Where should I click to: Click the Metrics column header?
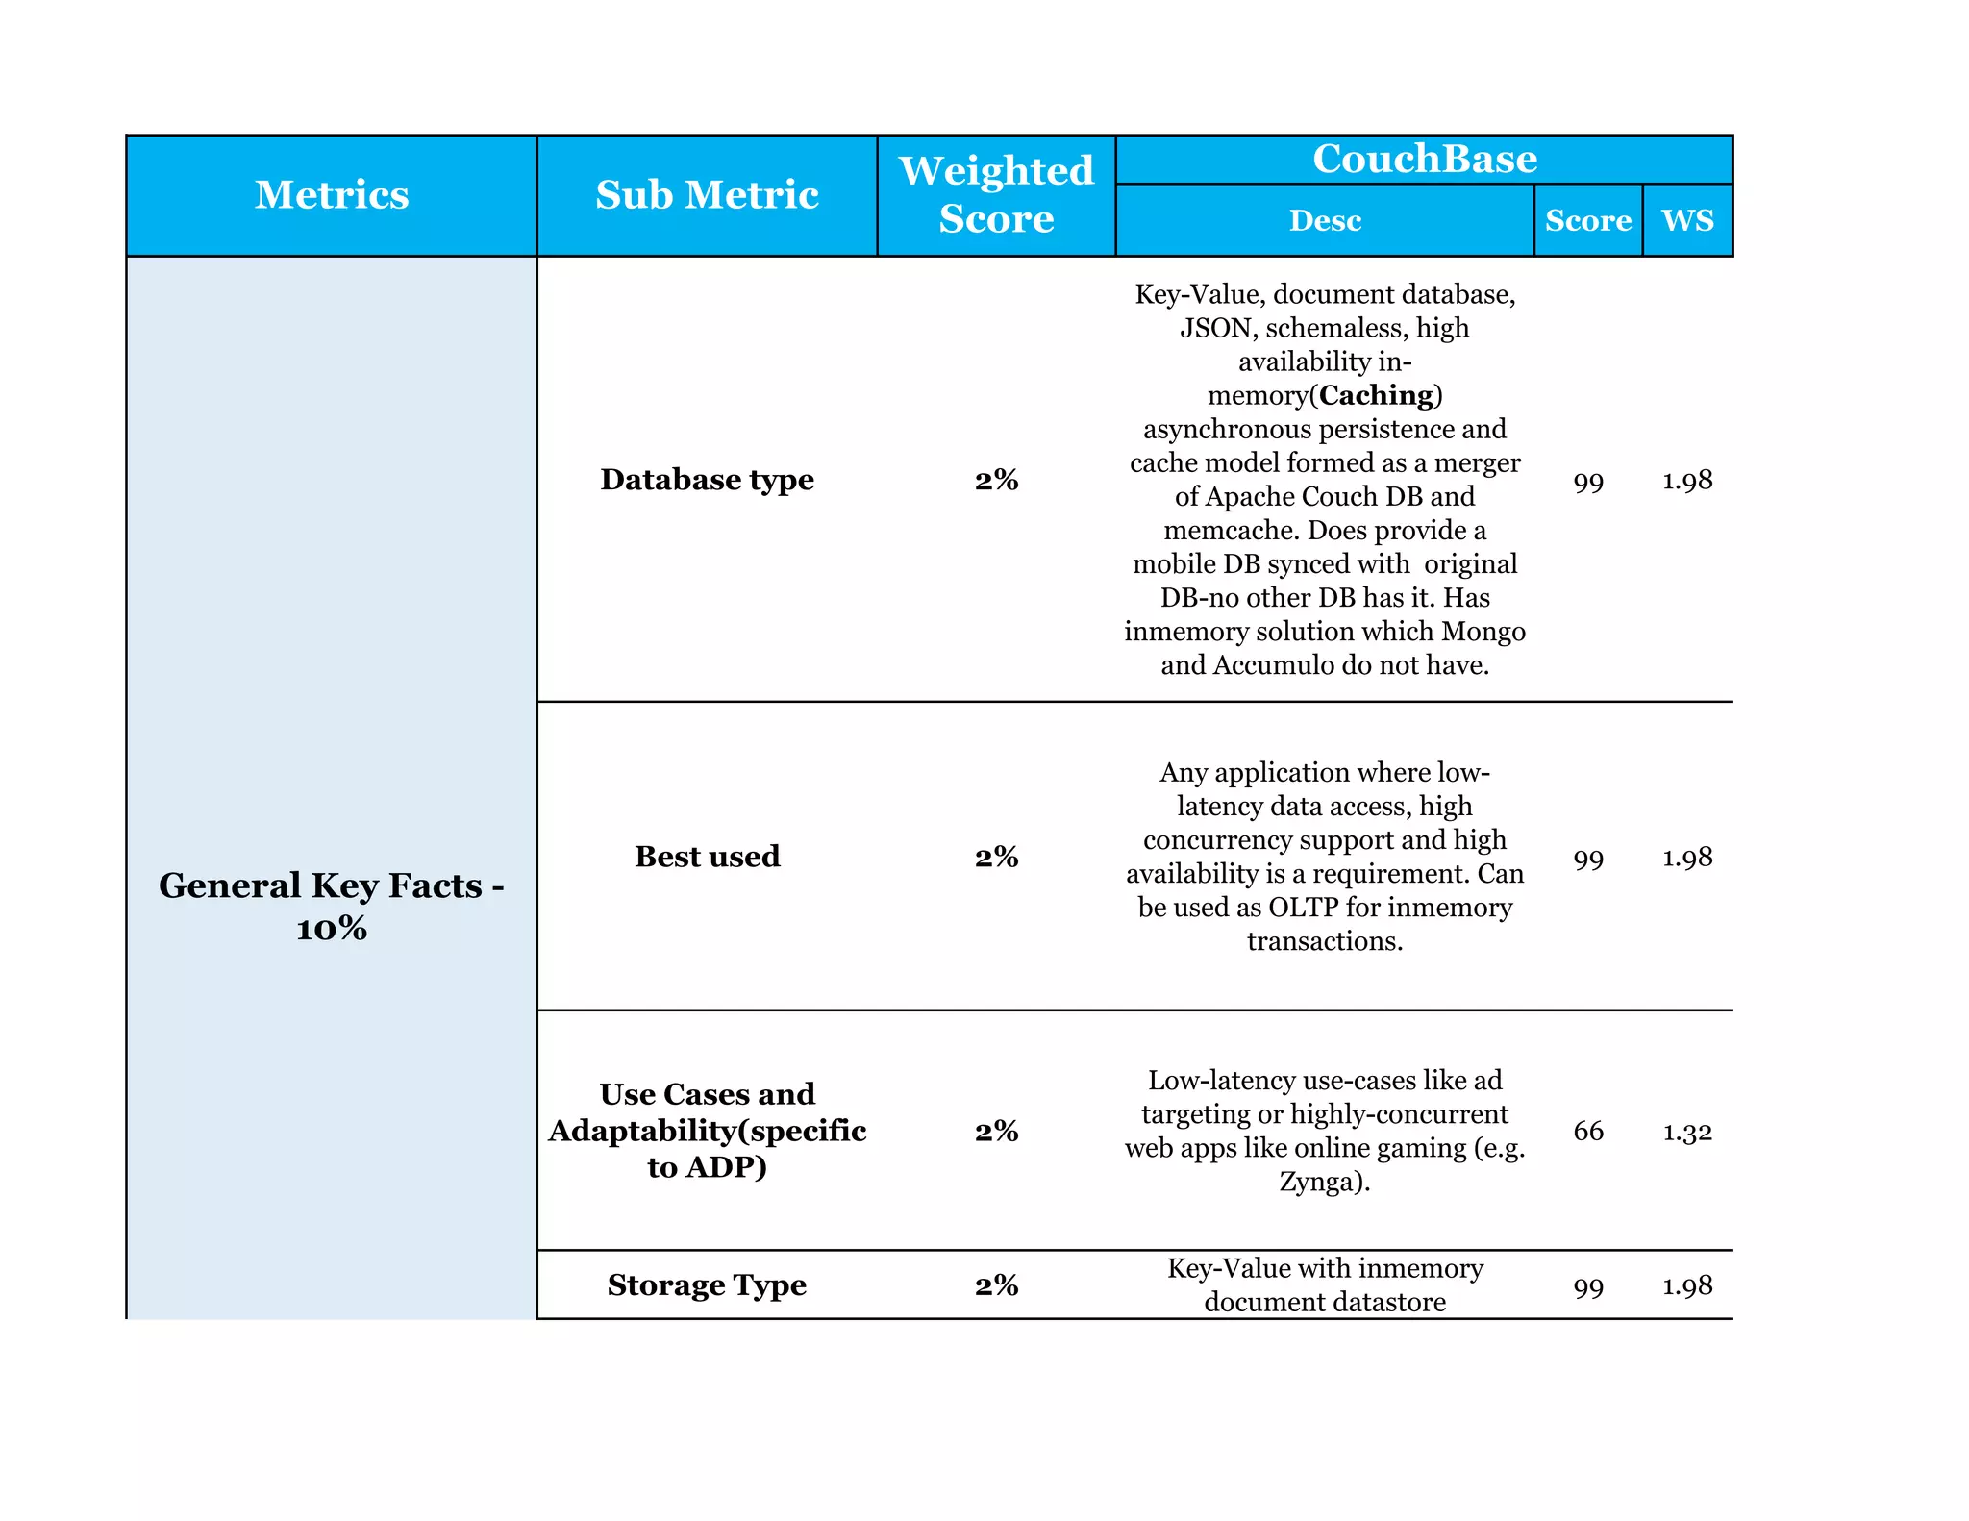332,195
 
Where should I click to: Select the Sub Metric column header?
707,195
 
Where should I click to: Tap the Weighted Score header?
996,195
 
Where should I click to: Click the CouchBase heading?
1424,159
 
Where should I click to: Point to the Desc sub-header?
1325,220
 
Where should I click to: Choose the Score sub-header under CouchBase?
1587,220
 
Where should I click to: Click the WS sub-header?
1687,220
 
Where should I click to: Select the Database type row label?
707,479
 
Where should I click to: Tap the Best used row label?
707,856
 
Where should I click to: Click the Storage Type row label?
707,1284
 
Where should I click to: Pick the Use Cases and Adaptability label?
707,1130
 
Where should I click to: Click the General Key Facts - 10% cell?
332,906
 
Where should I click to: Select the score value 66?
1588,1131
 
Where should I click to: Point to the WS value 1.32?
1687,1132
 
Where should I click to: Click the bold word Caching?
1376,395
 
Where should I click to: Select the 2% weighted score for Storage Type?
996,1285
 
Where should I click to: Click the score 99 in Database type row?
1588,481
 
